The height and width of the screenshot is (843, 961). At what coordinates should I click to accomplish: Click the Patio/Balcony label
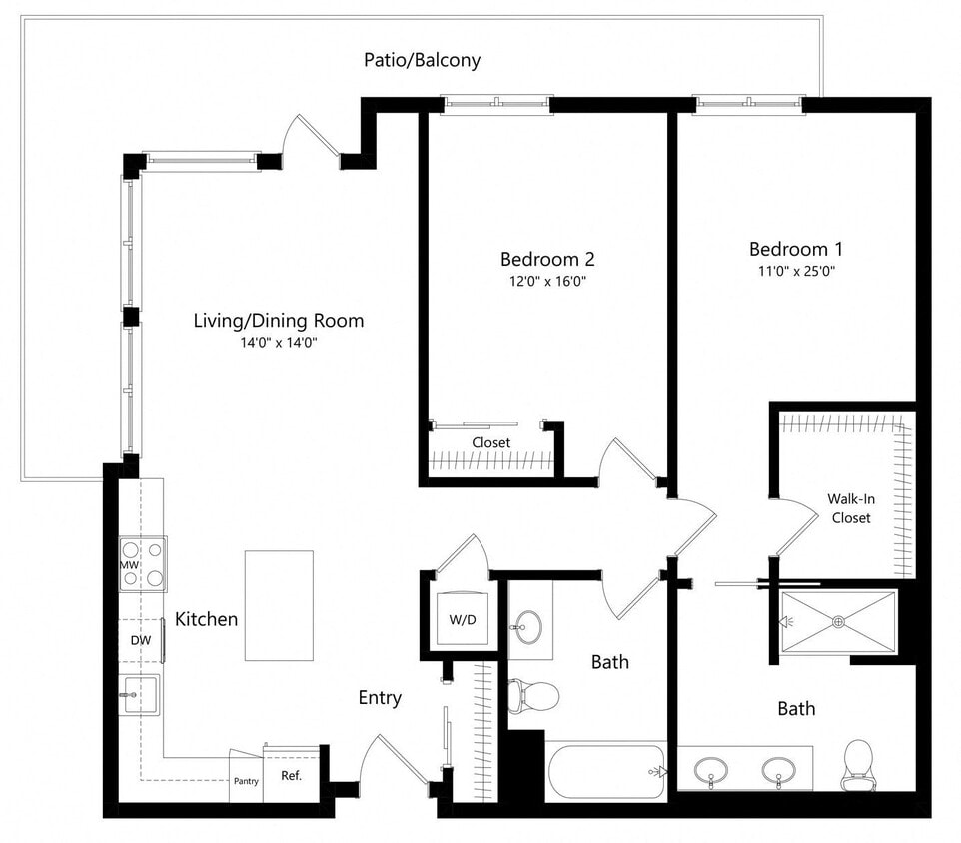tap(421, 60)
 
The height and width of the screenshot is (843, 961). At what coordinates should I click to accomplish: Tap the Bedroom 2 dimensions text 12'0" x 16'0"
tap(546, 282)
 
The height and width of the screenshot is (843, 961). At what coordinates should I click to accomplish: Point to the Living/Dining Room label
tap(278, 321)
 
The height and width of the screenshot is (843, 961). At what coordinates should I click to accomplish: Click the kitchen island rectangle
tap(279, 605)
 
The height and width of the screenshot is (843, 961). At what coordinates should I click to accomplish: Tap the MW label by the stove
tap(129, 565)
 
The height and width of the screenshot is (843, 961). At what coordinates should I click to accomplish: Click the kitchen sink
tap(138, 693)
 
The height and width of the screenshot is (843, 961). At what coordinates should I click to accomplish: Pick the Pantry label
tap(245, 782)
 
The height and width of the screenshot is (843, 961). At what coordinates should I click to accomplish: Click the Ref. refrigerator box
tap(291, 775)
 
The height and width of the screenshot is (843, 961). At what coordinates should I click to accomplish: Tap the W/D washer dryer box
tap(462, 619)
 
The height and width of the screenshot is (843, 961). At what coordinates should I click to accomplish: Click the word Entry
tap(380, 698)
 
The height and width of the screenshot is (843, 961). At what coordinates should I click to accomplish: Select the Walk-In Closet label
tap(848, 508)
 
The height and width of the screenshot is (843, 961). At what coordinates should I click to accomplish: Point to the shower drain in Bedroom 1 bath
tap(839, 621)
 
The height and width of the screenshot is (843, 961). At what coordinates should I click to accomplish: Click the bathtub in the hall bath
tap(605, 771)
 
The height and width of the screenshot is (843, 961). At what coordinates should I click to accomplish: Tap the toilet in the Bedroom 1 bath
tap(858, 763)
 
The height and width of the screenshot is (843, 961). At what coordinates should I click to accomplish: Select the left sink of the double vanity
tap(711, 770)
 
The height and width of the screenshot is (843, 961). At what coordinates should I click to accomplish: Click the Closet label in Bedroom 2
tap(490, 442)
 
